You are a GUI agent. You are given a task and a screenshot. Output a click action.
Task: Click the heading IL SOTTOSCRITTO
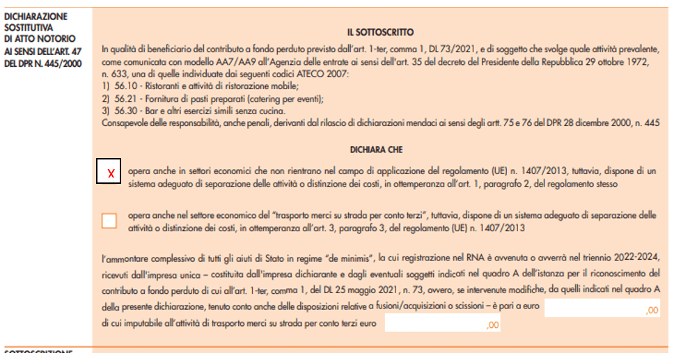point(380,32)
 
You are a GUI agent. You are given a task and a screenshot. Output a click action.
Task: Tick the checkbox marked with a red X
point(109,172)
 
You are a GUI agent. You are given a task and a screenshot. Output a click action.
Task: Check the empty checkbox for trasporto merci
point(109,221)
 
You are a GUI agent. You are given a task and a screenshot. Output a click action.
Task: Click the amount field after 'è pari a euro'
point(602,311)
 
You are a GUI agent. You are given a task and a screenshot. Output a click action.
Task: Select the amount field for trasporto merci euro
point(443,324)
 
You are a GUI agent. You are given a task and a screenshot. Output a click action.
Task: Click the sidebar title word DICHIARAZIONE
point(36,16)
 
